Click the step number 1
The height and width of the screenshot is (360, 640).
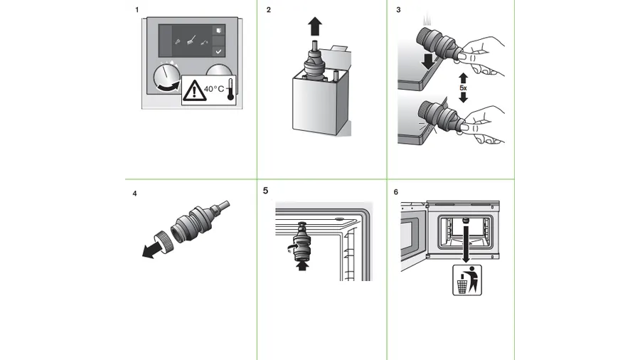pyautogui.click(x=137, y=11)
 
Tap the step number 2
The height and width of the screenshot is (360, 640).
pyautogui.click(x=268, y=11)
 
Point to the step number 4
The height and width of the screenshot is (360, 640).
pyautogui.click(x=135, y=193)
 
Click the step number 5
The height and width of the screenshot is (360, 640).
pyautogui.click(x=266, y=191)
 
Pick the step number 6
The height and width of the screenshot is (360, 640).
pyautogui.click(x=396, y=192)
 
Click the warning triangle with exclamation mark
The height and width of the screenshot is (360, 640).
pyautogui.click(x=193, y=91)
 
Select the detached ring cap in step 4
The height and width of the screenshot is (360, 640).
pyautogui.click(x=165, y=239)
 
